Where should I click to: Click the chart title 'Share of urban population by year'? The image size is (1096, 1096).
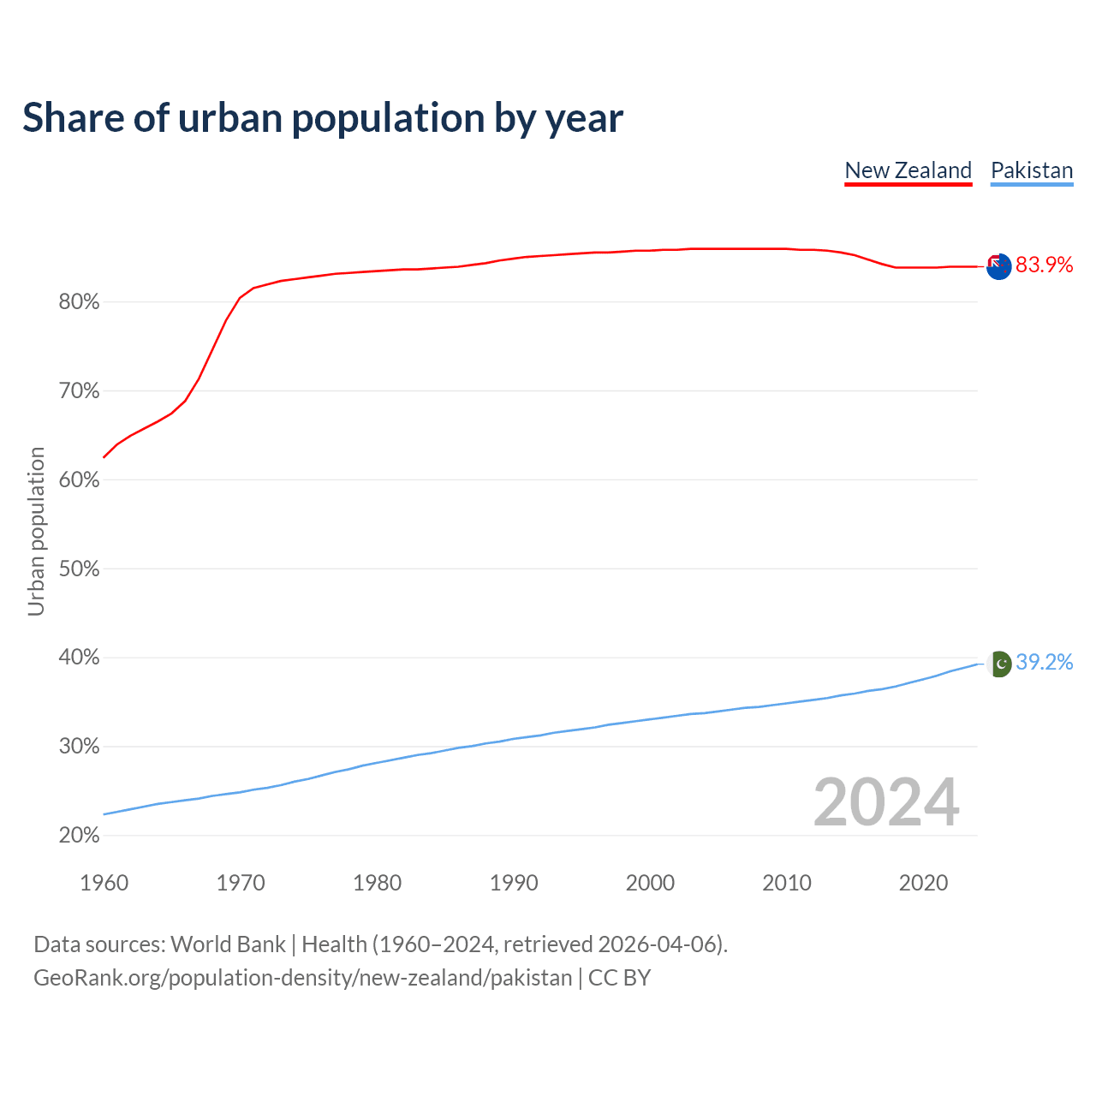tap(323, 118)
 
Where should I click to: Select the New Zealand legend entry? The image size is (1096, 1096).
tap(908, 170)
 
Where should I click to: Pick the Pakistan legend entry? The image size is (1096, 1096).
tap(1031, 170)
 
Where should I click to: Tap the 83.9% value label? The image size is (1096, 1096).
tap(1044, 265)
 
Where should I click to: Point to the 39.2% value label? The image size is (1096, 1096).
tap(1044, 663)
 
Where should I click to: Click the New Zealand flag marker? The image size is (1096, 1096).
tap(998, 266)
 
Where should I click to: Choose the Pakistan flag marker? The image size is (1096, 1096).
tap(999, 664)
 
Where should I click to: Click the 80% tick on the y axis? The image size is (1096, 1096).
tap(79, 302)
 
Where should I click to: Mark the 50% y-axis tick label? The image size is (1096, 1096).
tap(79, 569)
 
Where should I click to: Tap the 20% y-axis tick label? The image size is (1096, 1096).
tap(79, 836)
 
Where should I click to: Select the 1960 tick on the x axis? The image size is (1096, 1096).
tap(104, 883)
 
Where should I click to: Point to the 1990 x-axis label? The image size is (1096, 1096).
tap(514, 883)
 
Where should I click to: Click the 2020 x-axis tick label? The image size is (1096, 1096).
tap(923, 883)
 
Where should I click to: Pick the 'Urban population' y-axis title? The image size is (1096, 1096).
tap(36, 531)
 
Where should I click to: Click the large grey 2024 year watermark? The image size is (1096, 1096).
tap(886, 803)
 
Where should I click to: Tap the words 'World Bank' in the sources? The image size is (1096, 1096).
tap(228, 944)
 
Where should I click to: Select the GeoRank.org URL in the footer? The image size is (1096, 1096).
tap(302, 978)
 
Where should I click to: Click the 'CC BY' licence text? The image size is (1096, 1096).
tap(619, 978)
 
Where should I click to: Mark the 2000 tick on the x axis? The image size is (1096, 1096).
tap(650, 883)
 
